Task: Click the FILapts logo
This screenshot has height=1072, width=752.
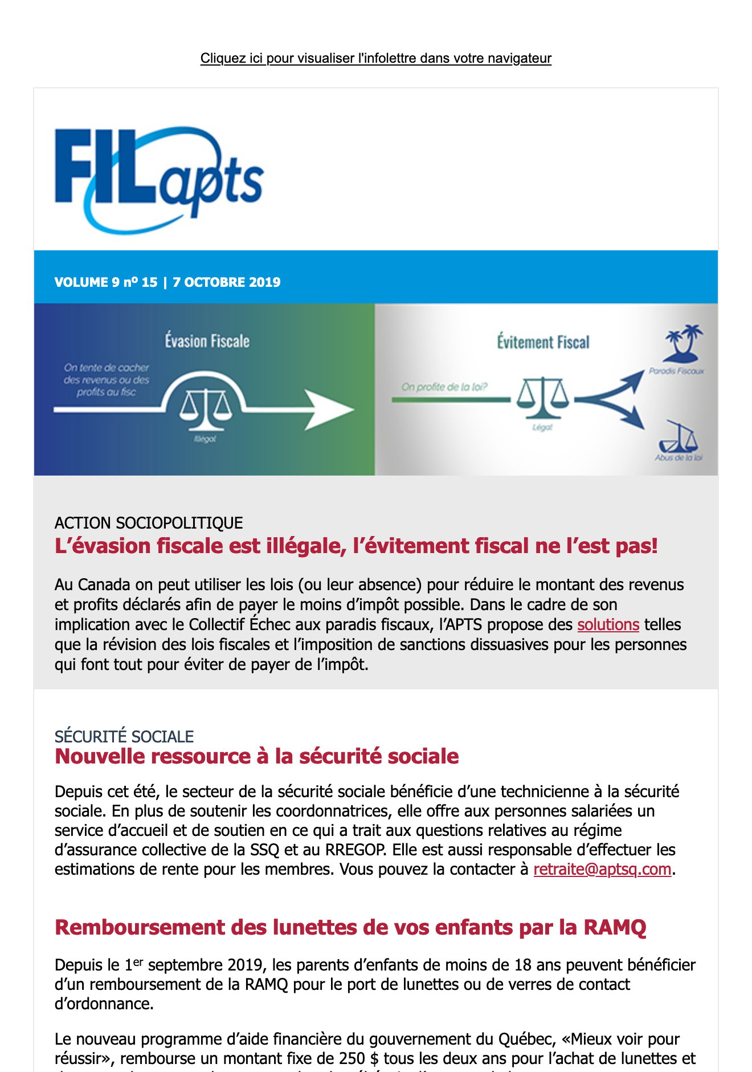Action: tap(158, 180)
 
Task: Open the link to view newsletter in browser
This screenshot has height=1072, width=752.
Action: tap(375, 58)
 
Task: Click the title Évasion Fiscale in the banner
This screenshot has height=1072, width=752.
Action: tap(207, 341)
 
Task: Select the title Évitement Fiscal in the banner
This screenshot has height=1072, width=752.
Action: tap(543, 342)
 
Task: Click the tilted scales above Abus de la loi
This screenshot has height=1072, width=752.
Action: tap(679, 438)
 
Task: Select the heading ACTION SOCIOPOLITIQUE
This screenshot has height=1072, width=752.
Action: tap(149, 523)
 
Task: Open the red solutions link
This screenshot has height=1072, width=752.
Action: tap(608, 624)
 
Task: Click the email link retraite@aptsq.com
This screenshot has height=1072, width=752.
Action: tap(602, 869)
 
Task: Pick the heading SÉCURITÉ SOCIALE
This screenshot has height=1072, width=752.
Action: tap(124, 736)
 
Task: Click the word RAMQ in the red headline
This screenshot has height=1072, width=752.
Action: tap(615, 927)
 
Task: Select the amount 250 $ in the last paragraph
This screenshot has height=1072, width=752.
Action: tap(358, 1058)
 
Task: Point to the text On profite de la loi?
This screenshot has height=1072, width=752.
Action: tap(444, 387)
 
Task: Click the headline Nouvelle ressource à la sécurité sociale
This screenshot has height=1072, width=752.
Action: tap(256, 756)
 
